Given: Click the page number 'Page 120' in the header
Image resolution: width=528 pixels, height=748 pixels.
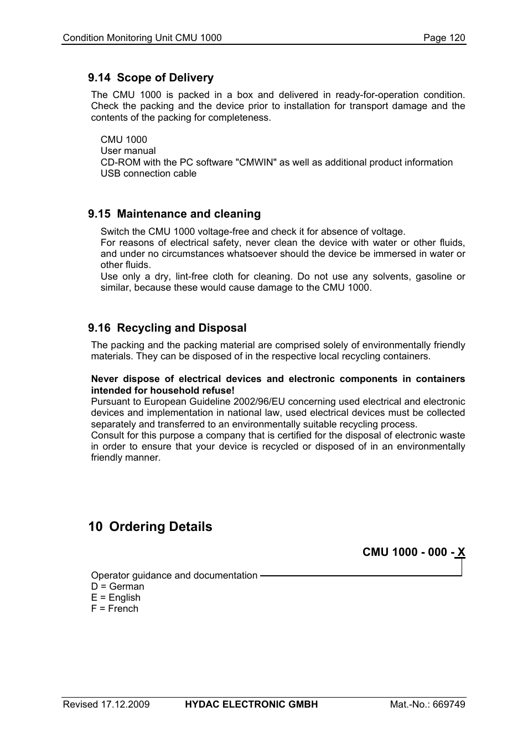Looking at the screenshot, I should tap(444, 38).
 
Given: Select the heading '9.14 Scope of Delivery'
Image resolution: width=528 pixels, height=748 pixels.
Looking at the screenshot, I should tap(151, 78).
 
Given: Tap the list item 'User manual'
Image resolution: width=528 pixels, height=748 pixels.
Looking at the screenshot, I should tap(128, 151).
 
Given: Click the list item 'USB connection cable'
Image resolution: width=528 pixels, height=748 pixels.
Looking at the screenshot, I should tap(148, 173).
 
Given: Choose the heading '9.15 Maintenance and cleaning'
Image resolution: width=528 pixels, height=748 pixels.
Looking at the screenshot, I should tap(174, 214).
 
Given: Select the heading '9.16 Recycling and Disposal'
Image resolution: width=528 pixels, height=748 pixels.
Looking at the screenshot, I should tap(167, 328).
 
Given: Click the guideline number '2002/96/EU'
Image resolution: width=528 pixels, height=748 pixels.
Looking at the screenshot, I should tap(260, 401).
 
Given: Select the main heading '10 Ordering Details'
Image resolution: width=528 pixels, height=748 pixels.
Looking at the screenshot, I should tap(150, 527).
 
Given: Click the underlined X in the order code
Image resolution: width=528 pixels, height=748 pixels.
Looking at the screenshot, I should tap(461, 552).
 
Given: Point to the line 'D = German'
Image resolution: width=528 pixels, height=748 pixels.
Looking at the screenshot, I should tap(117, 586).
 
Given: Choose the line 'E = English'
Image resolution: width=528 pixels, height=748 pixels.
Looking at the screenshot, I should tap(116, 597).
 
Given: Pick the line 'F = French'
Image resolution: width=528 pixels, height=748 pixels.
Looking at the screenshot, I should tap(115, 608).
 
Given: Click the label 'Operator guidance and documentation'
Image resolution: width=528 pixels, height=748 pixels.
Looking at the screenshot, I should tap(174, 575).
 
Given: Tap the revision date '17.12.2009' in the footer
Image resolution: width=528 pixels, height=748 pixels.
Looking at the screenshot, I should tap(125, 704).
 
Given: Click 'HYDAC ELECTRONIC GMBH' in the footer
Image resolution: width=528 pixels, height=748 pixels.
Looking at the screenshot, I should tap(251, 704).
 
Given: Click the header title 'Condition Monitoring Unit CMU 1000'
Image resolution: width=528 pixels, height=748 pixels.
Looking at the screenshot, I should tap(142, 38).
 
